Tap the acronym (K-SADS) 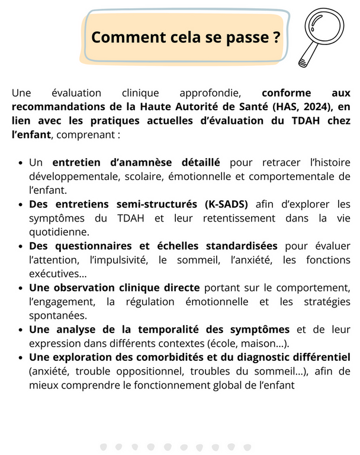click(x=227, y=204)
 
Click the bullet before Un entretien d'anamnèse click(x=21, y=162)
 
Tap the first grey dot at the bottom click(x=104, y=446)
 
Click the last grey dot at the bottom click(x=247, y=446)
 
